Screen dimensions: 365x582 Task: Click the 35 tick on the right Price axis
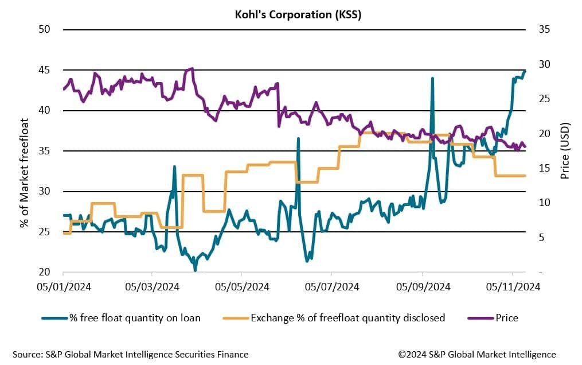point(544,29)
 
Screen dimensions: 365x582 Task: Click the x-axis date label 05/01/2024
point(63,286)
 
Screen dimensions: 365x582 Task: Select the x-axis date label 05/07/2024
point(333,286)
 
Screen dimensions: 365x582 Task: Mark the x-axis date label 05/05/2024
point(243,286)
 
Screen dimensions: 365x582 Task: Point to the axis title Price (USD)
point(565,151)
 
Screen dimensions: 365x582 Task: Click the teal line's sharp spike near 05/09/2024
point(432,79)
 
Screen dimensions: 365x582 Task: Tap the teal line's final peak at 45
point(526,71)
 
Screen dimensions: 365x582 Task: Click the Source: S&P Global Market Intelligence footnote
point(130,354)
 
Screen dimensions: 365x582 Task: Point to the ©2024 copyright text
point(477,354)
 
